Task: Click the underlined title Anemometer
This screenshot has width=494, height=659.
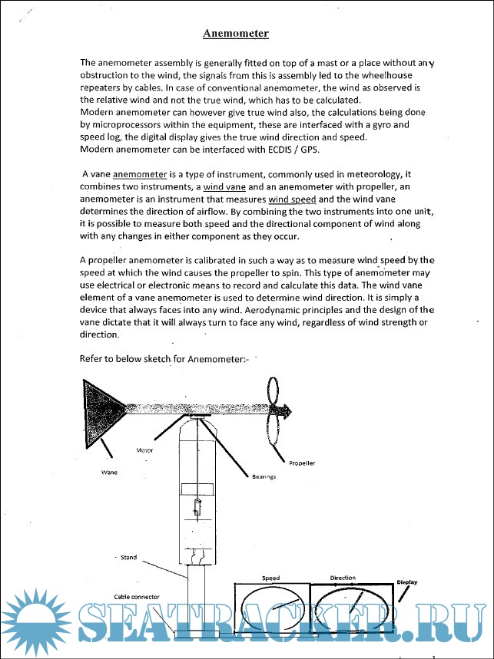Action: coord(235,34)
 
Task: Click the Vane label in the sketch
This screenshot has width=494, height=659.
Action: coord(109,472)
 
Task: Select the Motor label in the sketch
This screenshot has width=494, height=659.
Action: coord(145,450)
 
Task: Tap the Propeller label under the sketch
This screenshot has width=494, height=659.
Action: coord(302,463)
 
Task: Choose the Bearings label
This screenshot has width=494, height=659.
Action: coord(264,477)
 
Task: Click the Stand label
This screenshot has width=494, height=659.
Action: coord(128,558)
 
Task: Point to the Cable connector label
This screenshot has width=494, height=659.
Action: coord(138,596)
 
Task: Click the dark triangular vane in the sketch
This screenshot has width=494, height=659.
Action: coord(101,408)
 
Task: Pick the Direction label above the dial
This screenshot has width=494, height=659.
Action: coord(343,577)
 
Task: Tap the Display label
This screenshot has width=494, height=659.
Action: coord(406,582)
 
